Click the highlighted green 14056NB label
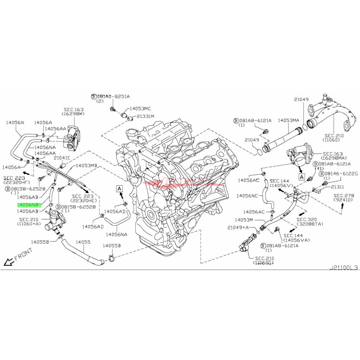pos(28,204)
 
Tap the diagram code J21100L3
pos(343,267)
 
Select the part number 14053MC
pos(140,109)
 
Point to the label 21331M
pos(146,116)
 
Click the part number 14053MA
pos(288,120)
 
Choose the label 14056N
pos(15,122)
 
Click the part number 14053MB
pos(86,165)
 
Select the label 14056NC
pos(247,195)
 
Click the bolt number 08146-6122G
pos(340,174)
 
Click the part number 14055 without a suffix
pos(83,242)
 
